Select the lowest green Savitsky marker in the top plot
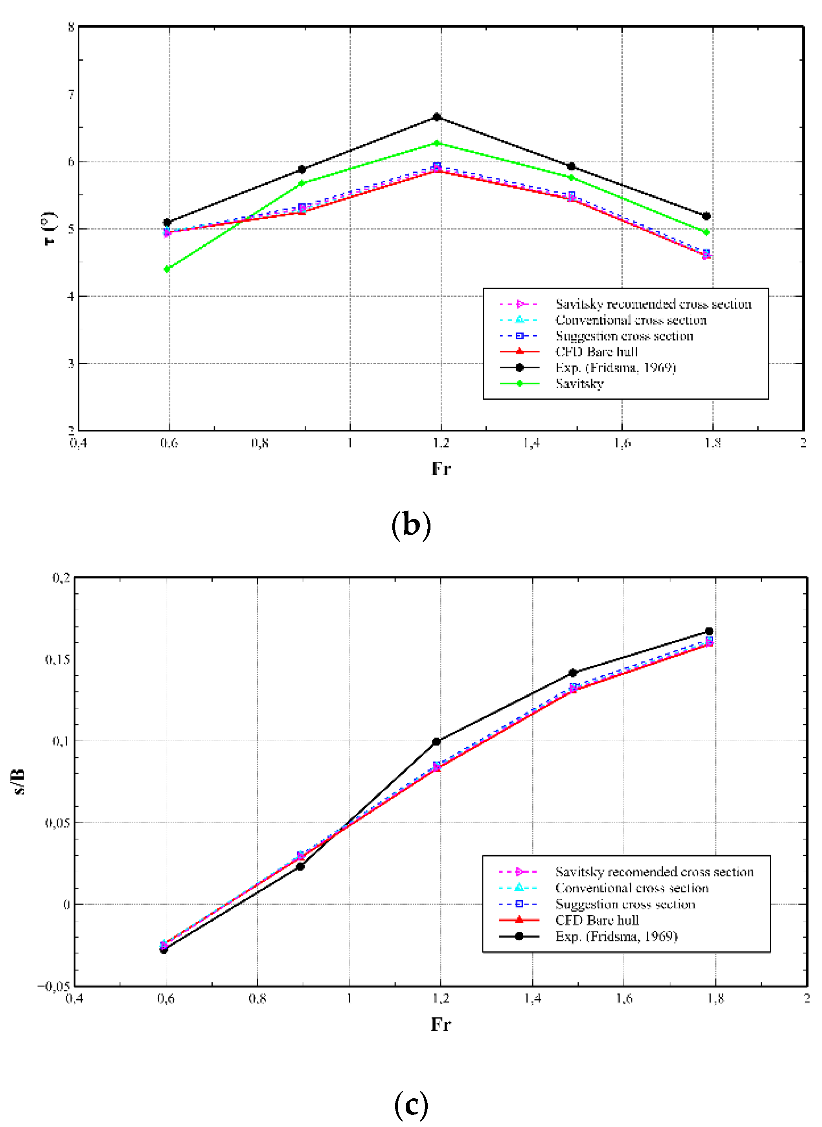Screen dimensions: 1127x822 click(x=167, y=269)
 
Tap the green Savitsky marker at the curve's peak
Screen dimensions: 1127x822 click(x=437, y=143)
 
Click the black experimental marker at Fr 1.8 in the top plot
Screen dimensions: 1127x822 click(x=706, y=216)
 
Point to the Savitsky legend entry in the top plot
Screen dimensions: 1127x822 click(x=580, y=384)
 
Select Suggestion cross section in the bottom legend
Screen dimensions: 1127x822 click(x=625, y=904)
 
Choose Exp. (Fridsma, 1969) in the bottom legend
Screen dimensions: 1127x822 click(x=616, y=936)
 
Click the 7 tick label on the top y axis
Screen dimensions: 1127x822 click(x=71, y=94)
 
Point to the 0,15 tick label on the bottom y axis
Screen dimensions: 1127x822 click(x=57, y=659)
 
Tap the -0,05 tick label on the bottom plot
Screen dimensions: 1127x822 click(x=54, y=986)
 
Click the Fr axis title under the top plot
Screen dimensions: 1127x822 click(x=441, y=468)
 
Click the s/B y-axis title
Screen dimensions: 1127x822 click(x=18, y=782)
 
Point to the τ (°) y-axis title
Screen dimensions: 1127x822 click(x=49, y=229)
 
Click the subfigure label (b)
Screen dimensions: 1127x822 click(x=411, y=525)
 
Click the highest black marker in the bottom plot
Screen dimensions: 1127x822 click(x=709, y=631)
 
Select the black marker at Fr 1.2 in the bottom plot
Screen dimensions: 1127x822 click(x=436, y=742)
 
